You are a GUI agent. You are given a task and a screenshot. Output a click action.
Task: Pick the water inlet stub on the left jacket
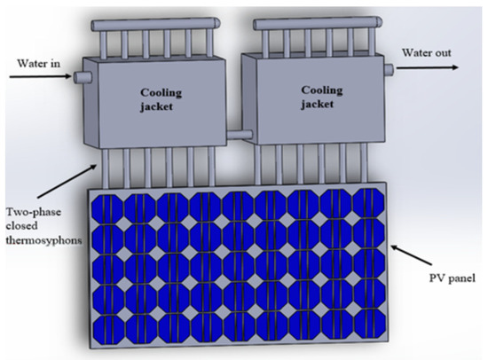tap(79, 77)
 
